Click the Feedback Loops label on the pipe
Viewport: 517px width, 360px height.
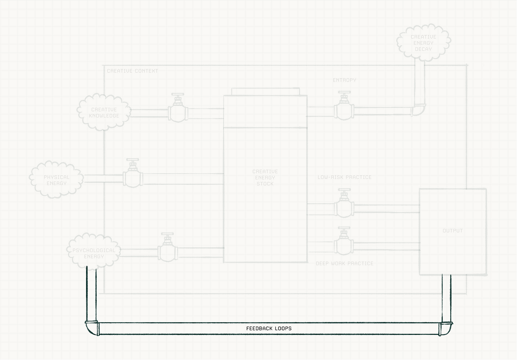[x=269, y=328]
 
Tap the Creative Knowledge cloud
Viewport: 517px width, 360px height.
[x=104, y=112]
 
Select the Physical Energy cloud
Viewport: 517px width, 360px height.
[x=57, y=180]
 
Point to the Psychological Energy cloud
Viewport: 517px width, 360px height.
[x=94, y=253]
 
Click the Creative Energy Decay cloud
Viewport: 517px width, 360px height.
[x=423, y=43]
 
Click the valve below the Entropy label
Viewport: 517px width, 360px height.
[x=344, y=109]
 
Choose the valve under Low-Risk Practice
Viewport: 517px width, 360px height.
[x=344, y=206]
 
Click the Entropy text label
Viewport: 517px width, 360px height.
[x=344, y=80]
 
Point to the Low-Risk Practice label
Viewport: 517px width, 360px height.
[x=344, y=177]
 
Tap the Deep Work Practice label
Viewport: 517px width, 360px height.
[x=344, y=263]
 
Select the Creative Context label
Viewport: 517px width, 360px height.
[x=132, y=71]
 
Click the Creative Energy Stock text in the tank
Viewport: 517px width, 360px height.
[x=265, y=177]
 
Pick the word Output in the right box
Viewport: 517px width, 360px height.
[x=452, y=231]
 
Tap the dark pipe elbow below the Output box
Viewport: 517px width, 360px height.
[x=446, y=327]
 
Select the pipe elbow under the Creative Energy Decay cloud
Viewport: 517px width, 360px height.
[x=419, y=110]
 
